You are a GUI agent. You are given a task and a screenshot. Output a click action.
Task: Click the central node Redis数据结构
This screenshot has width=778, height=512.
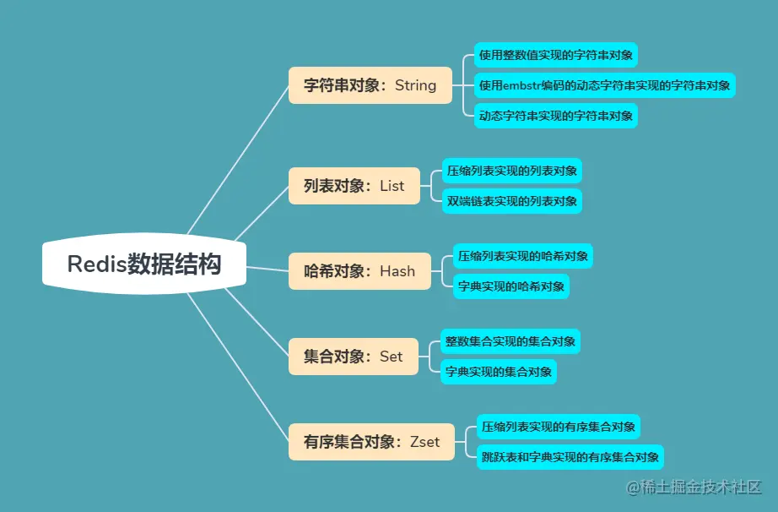144,264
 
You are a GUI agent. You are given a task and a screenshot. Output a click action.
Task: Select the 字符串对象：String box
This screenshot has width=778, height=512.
370,85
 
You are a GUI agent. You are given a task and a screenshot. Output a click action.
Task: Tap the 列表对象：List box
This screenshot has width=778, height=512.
354,186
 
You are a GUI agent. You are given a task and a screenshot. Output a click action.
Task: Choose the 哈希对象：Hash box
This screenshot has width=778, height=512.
359,271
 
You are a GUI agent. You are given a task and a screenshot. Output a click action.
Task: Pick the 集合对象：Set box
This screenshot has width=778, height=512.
353,357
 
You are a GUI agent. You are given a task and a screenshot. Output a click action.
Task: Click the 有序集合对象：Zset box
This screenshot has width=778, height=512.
371,442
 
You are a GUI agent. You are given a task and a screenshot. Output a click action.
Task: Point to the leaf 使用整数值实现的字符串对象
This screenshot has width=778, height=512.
554,56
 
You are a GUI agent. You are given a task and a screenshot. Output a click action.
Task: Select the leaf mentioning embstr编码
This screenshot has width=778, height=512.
604,85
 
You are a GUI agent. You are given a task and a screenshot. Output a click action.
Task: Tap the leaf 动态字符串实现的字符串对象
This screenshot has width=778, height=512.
554,115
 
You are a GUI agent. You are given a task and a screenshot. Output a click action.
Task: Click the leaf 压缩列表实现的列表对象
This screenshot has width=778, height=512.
512,171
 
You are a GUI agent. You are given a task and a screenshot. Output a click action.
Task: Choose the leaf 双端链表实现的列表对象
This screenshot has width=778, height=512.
512,201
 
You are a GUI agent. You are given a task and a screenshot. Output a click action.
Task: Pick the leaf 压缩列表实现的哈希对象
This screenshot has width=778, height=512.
522,255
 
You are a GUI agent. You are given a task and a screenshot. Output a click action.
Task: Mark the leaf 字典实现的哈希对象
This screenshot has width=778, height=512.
511,286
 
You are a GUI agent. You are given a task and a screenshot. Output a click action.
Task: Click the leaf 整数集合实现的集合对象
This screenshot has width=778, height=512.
510,341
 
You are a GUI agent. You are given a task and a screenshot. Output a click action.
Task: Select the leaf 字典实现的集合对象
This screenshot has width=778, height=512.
499,372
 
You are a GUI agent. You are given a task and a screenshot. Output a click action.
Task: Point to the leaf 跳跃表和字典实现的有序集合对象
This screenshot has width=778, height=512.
569,458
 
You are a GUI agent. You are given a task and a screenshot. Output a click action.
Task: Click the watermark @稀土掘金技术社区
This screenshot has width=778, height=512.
694,487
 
